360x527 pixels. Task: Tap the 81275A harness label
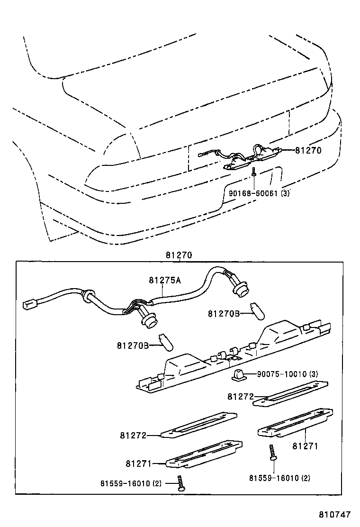click(x=165, y=280)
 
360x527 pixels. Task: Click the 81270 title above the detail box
click(x=179, y=255)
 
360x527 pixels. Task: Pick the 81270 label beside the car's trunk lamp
click(x=308, y=151)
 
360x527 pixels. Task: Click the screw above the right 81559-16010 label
click(x=272, y=453)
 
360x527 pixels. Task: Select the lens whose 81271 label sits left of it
click(x=204, y=454)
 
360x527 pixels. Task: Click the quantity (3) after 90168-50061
click(x=285, y=193)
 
